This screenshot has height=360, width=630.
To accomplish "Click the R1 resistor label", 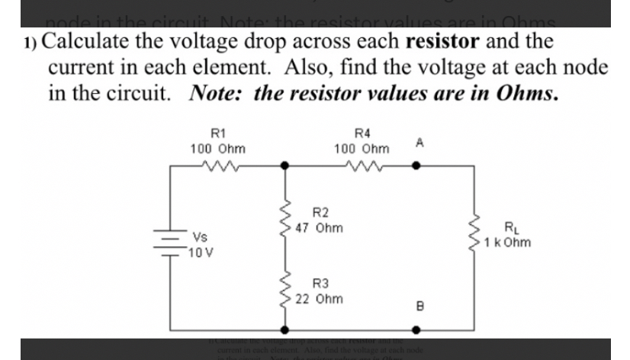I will click(x=217, y=130).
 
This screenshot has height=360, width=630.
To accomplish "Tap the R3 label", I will click(x=320, y=283).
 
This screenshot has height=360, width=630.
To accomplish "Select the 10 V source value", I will click(x=203, y=252).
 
